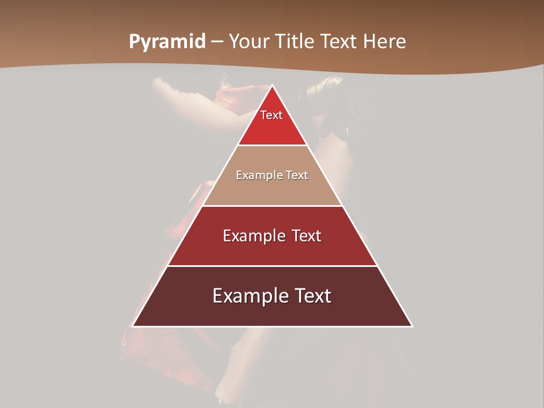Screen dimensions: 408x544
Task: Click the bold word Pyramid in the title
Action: click(x=167, y=42)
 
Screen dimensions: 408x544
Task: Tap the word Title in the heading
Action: click(x=295, y=42)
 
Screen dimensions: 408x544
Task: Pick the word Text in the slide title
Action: click(x=339, y=42)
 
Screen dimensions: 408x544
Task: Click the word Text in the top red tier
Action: click(x=271, y=116)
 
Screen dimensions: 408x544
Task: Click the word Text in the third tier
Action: click(x=307, y=236)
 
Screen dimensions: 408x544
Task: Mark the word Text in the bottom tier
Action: click(x=312, y=296)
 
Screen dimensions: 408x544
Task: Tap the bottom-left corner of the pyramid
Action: click(x=133, y=326)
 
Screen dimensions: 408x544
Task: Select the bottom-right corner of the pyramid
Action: click(x=412, y=326)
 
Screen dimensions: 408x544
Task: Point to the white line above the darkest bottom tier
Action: click(x=273, y=266)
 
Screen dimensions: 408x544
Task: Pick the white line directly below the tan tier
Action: click(x=273, y=206)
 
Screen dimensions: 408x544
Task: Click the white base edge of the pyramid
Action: click(x=273, y=326)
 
